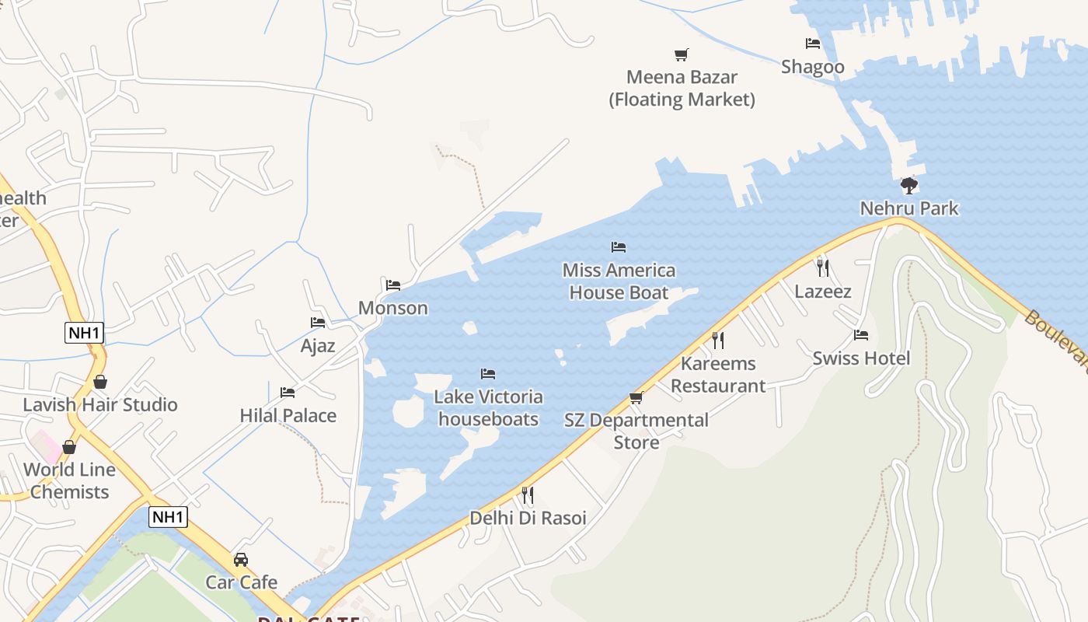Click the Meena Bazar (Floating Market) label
point(682,88)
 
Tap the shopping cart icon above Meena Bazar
point(682,54)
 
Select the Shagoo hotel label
point(813,67)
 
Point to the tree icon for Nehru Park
point(908,186)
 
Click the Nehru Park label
point(909,208)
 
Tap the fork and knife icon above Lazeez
point(822,268)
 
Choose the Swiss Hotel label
point(861,358)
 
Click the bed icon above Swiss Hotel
point(861,335)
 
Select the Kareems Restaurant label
point(718,374)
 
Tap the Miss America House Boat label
point(619,281)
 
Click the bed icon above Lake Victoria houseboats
point(488,374)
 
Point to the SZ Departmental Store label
point(636,431)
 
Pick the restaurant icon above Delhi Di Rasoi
point(528,494)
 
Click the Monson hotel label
point(393,308)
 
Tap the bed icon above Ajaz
point(318,323)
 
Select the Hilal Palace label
point(288,415)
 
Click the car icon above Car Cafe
point(241,560)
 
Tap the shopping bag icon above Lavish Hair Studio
point(99,382)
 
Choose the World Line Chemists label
point(70,480)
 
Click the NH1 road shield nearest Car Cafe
point(169,517)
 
